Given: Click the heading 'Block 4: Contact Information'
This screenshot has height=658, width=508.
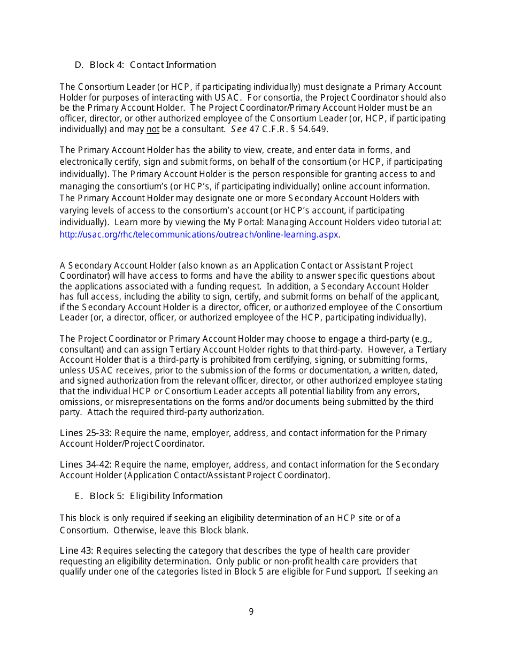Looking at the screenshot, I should (x=152, y=65).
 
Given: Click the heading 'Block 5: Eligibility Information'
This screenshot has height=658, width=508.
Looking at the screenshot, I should (x=156, y=496).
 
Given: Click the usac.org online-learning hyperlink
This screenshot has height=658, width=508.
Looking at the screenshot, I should (x=199, y=234).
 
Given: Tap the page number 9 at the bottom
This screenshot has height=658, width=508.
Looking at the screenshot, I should (x=251, y=611).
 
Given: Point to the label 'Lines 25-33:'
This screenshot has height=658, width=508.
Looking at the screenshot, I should (x=86, y=433).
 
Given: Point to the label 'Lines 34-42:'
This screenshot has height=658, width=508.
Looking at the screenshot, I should (x=86, y=464).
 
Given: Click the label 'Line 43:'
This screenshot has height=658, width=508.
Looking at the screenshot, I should (x=77, y=550).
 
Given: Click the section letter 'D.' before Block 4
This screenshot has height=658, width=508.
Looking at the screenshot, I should (x=79, y=65).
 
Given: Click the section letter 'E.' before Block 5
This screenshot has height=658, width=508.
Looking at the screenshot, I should (x=79, y=496).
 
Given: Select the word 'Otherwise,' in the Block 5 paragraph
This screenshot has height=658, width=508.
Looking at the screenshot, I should (x=133, y=531).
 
